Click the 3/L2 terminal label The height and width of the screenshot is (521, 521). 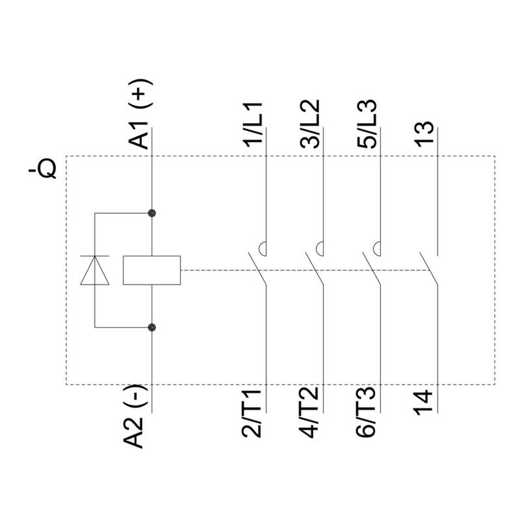pyautogui.click(x=310, y=123)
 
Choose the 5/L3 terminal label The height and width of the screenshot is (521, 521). pyautogui.click(x=367, y=123)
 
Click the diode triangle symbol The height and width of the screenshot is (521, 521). pyautogui.click(x=94, y=270)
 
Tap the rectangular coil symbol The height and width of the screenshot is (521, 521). pyautogui.click(x=152, y=270)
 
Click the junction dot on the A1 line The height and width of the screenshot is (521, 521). pyautogui.click(x=152, y=213)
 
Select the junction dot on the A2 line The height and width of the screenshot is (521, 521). pyautogui.click(x=152, y=328)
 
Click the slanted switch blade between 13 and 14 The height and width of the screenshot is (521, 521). pyautogui.click(x=429, y=269)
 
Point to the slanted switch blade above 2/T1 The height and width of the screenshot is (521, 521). pyautogui.click(x=257, y=269)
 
